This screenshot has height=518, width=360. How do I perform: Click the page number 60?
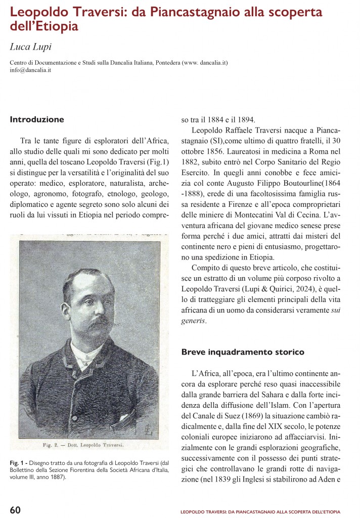point(16,509)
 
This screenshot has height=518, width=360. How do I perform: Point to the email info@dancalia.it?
point(31,70)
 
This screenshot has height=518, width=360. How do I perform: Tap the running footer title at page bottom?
point(260,512)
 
